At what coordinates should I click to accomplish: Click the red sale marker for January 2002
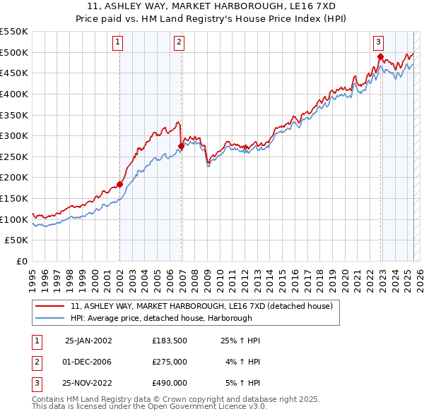(x=119, y=185)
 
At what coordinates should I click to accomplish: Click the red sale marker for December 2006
(x=181, y=147)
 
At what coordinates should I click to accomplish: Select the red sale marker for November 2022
(x=380, y=56)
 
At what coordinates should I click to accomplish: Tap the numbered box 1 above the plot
(x=117, y=42)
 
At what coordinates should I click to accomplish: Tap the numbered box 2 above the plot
(x=179, y=42)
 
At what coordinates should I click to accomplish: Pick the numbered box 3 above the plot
(x=379, y=42)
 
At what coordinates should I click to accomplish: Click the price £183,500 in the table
(x=170, y=341)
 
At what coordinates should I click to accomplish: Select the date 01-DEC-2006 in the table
(x=88, y=362)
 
